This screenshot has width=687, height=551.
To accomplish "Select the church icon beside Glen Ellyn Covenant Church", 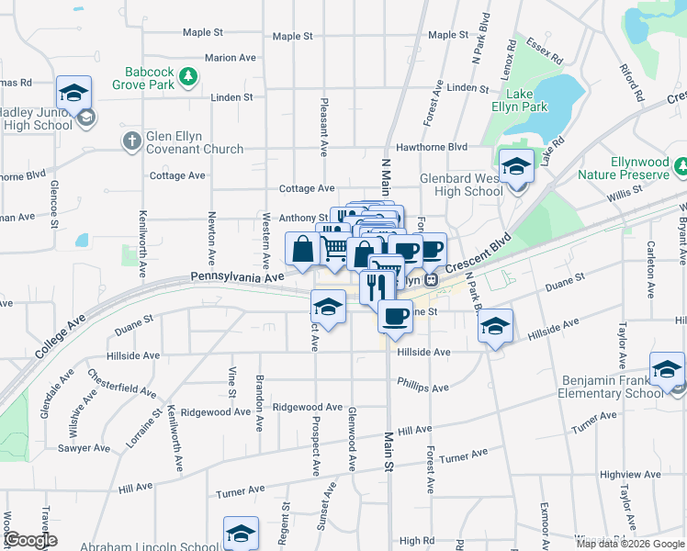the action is (x=131, y=141).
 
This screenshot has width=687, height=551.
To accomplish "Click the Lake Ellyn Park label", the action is (x=526, y=100).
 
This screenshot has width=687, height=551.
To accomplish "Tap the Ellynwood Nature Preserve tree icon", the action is (x=681, y=166).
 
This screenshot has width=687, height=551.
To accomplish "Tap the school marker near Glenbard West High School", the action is (x=516, y=167).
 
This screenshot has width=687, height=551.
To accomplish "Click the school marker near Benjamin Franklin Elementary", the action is (x=667, y=369).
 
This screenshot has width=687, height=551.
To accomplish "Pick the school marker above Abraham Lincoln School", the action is (x=241, y=533).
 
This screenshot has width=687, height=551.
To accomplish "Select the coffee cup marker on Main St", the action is (x=395, y=316).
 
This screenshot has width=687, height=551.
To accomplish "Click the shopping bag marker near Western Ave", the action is (x=303, y=249).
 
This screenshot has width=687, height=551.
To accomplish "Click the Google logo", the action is (x=31, y=540).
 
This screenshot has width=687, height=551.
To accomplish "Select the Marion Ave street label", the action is (x=231, y=57).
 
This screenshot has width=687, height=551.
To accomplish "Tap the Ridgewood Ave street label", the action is (x=216, y=411).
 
